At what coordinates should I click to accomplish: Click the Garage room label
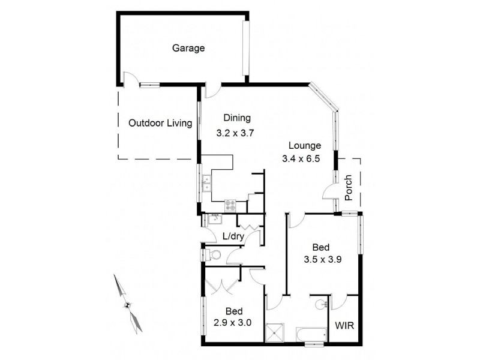[189, 49]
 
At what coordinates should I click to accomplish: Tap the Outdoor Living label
[160, 124]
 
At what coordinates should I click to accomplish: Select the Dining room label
[236, 118]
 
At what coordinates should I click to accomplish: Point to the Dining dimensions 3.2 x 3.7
[236, 134]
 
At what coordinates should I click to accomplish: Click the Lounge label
[305, 145]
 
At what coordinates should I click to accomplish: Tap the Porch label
[349, 188]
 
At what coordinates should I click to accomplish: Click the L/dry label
[233, 236]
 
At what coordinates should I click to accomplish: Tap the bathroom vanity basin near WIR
[320, 304]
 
